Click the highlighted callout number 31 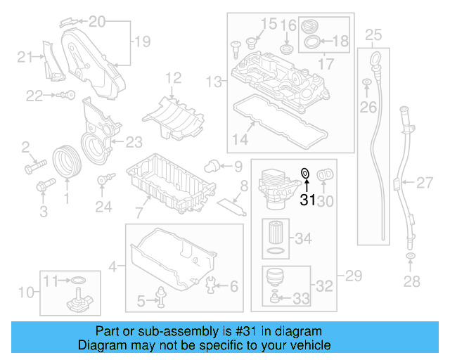click(308, 200)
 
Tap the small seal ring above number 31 click(305, 172)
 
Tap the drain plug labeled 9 click(209, 166)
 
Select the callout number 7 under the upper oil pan click(139, 212)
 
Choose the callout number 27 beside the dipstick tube click(425, 184)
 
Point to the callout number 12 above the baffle click(173, 77)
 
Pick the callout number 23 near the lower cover click(134, 141)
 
